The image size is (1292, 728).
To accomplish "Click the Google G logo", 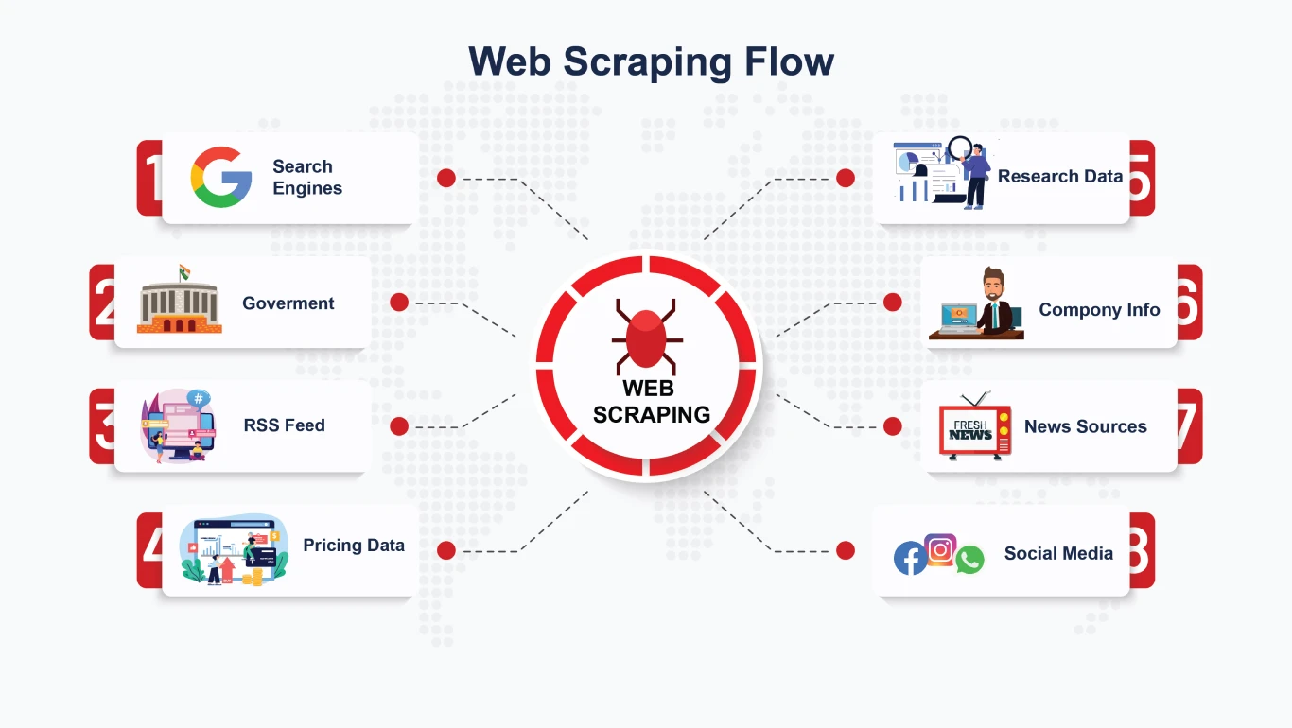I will (221, 177).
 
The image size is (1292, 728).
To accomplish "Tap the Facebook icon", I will (910, 559).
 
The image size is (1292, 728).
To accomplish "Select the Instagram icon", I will (940, 549).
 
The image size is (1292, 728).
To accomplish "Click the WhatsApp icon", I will (969, 560).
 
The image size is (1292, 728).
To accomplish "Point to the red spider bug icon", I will (647, 336).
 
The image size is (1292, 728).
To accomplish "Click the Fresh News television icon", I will (974, 428).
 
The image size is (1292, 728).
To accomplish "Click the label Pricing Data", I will (354, 546).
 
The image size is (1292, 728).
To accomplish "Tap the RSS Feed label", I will (284, 425).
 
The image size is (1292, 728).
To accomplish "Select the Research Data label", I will (1059, 177).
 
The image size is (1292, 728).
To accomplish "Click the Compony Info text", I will (1099, 310).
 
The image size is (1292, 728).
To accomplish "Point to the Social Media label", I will (1058, 554).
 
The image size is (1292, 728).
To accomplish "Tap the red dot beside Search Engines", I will (446, 178).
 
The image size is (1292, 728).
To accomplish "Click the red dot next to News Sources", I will (892, 426).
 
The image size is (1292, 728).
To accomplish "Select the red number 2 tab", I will (101, 303).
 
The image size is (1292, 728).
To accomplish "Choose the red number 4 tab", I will (148, 550).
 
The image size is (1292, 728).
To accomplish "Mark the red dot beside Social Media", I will (846, 550).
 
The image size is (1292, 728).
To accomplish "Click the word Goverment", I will (288, 303).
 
